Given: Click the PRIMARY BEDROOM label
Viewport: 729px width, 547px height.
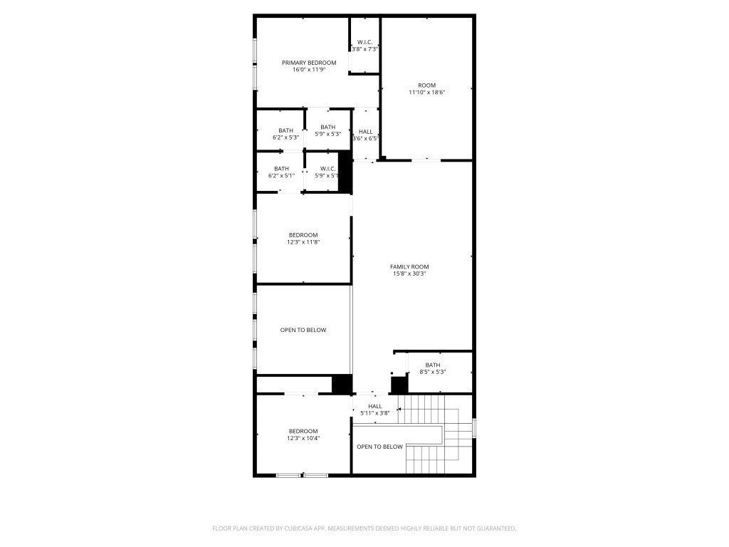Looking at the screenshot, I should pos(308,63).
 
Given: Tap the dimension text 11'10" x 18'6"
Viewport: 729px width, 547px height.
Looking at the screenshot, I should pos(427,93).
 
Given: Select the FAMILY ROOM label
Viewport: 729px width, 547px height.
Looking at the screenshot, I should pos(409,266).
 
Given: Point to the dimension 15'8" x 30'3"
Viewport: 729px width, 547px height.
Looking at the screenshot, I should pos(409,273).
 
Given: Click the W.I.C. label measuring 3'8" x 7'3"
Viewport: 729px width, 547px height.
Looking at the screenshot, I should pos(364,42).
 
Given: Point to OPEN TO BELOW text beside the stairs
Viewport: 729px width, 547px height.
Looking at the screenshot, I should pos(379,447).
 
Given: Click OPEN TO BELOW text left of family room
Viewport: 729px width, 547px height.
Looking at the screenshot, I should pos(303,330).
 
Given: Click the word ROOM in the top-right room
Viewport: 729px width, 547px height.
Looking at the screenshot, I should pos(427,85).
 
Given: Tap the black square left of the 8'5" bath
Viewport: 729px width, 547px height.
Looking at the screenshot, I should pos(399,385).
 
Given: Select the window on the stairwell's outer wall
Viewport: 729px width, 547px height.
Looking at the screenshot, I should pos(474,427).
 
